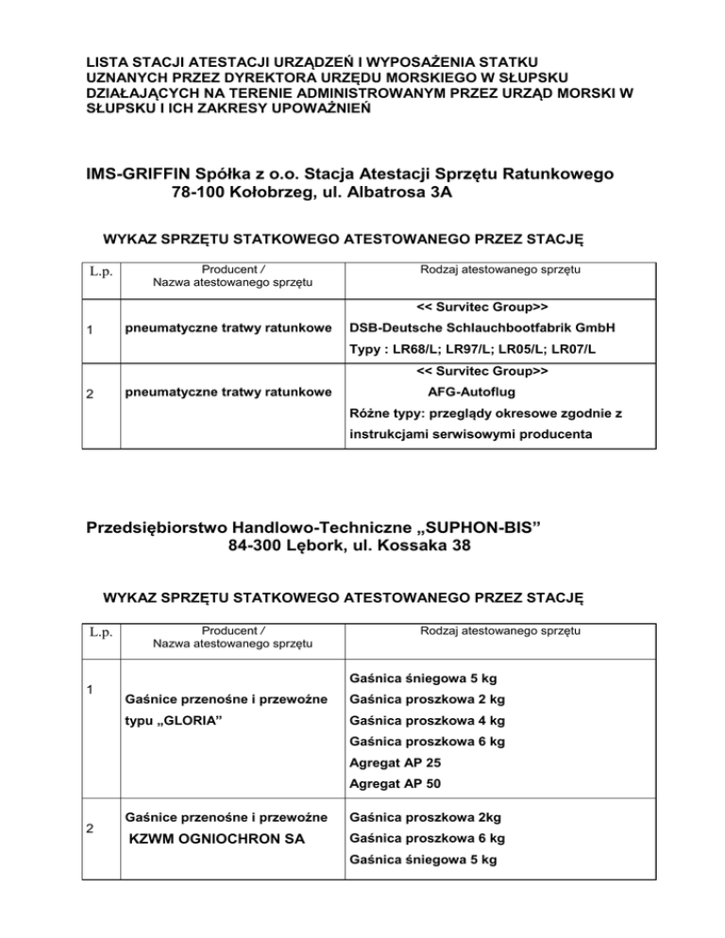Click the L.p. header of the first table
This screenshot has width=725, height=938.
[103, 274]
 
